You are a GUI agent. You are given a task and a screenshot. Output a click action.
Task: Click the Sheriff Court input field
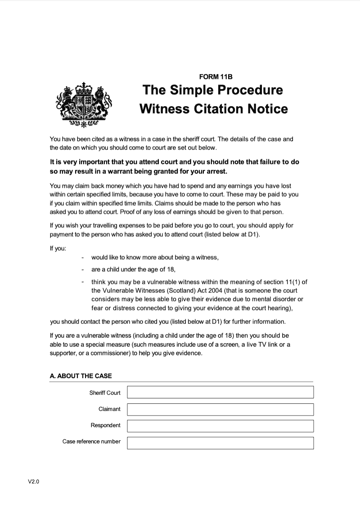click(x=220, y=392)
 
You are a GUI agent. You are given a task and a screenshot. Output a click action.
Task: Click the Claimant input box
click(x=220, y=409)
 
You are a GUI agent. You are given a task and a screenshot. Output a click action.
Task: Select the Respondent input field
click(x=220, y=426)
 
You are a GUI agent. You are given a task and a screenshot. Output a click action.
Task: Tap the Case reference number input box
click(x=220, y=442)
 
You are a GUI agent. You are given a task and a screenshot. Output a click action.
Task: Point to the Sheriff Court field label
click(x=105, y=393)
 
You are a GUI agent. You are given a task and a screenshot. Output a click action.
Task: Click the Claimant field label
click(x=109, y=409)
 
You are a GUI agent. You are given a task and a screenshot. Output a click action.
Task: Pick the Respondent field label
click(x=105, y=425)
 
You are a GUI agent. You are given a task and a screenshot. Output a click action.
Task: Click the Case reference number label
click(x=91, y=441)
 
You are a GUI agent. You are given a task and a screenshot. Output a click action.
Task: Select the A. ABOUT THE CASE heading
click(x=81, y=376)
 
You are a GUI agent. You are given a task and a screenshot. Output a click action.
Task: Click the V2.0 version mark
click(x=34, y=482)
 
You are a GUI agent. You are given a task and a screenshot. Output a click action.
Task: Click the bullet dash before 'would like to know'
click(x=83, y=258)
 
